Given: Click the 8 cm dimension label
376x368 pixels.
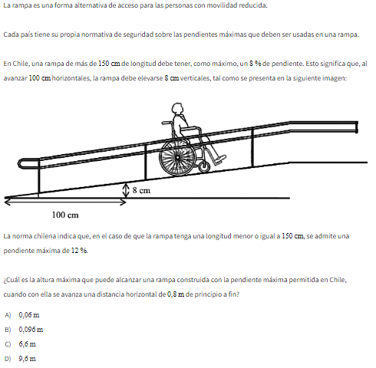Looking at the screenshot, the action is tap(141, 190).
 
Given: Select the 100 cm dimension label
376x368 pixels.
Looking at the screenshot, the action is tap(65, 215).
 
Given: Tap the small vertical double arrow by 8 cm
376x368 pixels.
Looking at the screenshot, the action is tap(125, 191).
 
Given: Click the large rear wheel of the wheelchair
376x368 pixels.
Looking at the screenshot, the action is tap(177, 158).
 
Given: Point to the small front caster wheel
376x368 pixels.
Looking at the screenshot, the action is tap(204, 166).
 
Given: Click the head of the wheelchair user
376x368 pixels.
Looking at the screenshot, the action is tap(177, 108).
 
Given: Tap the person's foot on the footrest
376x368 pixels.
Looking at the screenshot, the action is tap(220, 159).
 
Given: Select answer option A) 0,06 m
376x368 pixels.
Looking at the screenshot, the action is tap(22, 315).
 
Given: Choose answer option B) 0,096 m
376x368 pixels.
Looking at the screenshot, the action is tap(24, 330).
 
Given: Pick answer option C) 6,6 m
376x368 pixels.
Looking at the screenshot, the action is tap(21, 344).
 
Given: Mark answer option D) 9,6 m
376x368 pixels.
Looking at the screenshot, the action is tap(21, 359).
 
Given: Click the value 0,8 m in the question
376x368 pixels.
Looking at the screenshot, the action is tap(176, 294).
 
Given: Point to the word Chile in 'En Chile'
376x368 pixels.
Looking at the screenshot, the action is tap(20, 64).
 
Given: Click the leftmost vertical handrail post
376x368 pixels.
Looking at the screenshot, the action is tap(39, 176).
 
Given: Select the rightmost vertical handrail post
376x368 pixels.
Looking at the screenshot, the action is tap(252, 147).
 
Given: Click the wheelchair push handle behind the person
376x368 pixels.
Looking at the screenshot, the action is tap(167, 123).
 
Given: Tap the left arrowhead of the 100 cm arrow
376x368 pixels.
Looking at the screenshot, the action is tap(8, 202).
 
